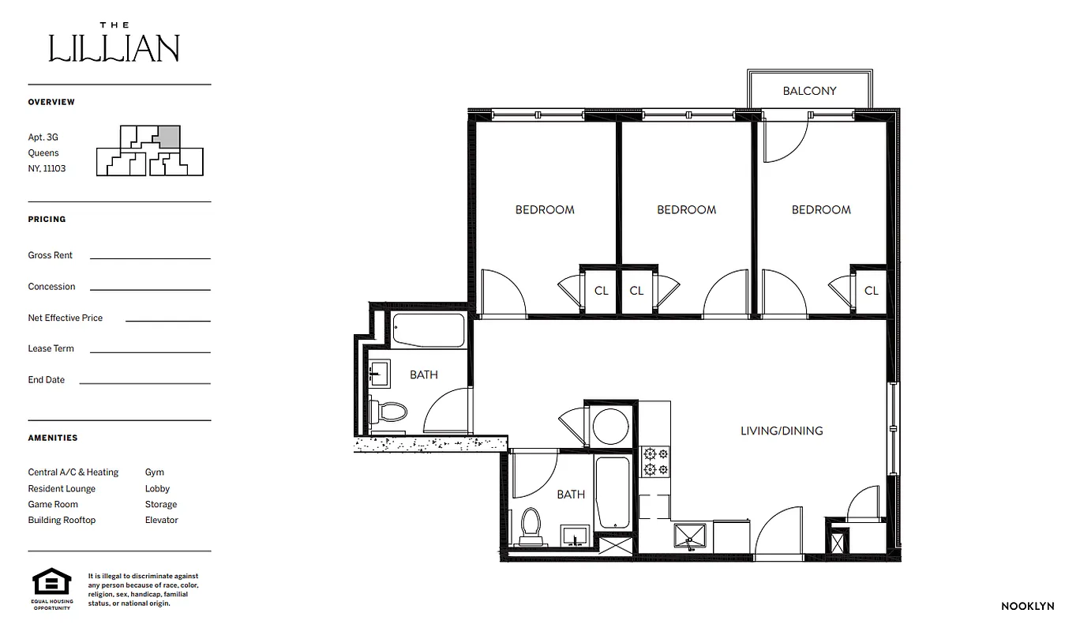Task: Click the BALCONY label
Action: pyautogui.click(x=809, y=91)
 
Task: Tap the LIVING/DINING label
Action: pyautogui.click(x=781, y=431)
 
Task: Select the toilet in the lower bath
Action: pyautogui.click(x=531, y=523)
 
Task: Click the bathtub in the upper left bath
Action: pyautogui.click(x=429, y=331)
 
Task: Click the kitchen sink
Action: pyautogui.click(x=691, y=535)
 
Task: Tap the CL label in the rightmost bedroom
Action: pyautogui.click(x=871, y=291)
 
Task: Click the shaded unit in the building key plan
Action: pyautogui.click(x=167, y=137)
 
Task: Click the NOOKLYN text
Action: pyautogui.click(x=1027, y=607)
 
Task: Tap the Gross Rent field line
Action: pyautogui.click(x=150, y=258)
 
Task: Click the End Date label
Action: pyautogui.click(x=47, y=380)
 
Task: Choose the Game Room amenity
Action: pyautogui.click(x=53, y=504)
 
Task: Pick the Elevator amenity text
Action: pyautogui.click(x=161, y=520)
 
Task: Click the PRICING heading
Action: pyautogui.click(x=47, y=219)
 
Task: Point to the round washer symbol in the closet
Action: pyautogui.click(x=609, y=427)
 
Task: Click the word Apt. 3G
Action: pyautogui.click(x=43, y=137)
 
